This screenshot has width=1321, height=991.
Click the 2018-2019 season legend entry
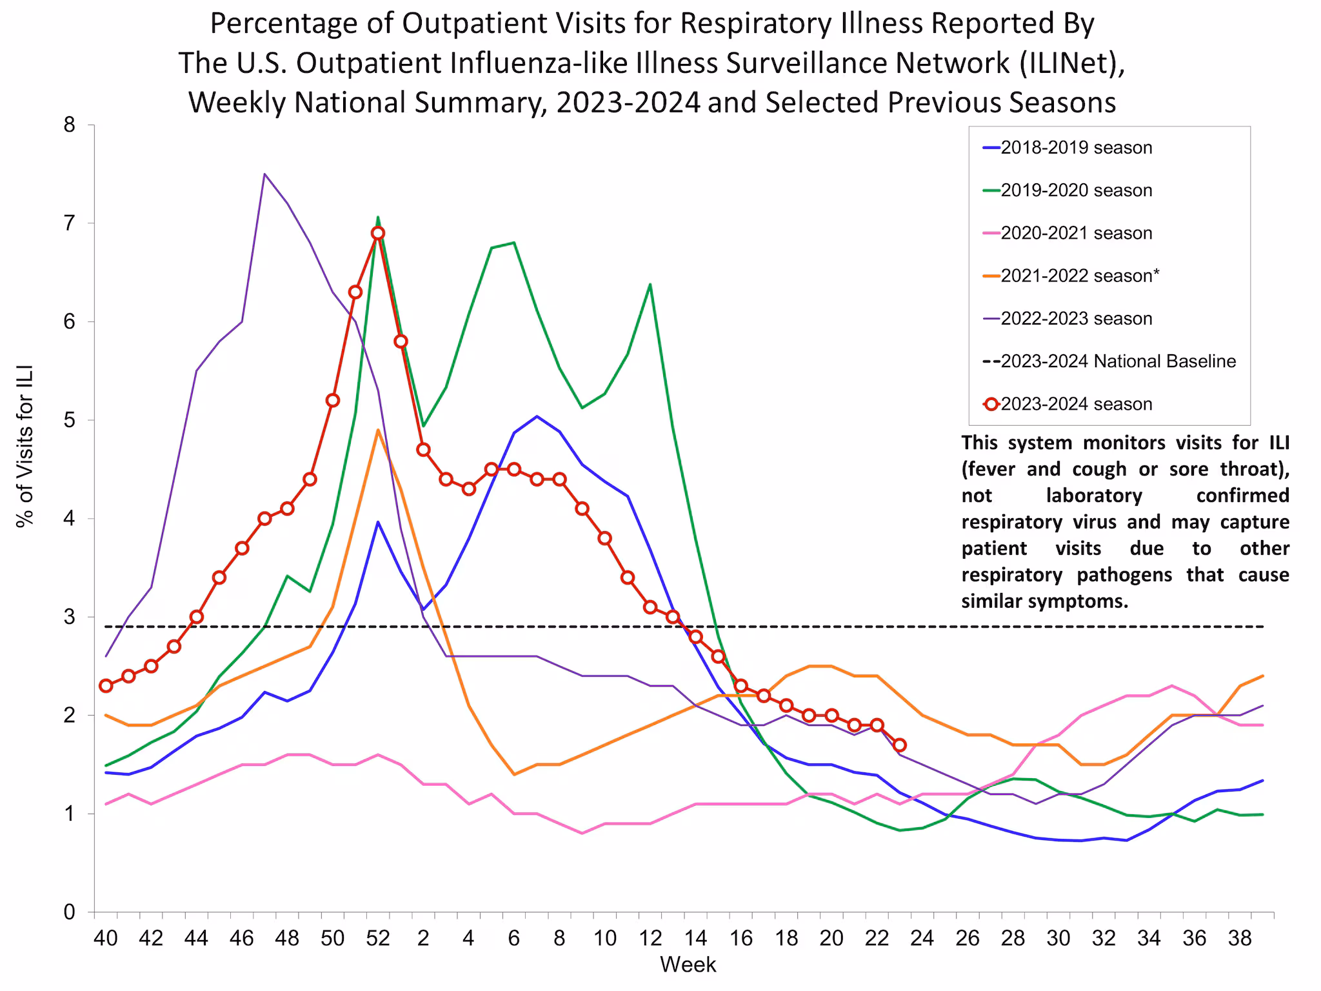click(1076, 148)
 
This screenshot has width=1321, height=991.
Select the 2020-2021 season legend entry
click(1076, 233)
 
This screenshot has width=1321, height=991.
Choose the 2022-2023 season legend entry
click(1076, 319)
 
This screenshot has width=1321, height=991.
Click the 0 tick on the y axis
click(70, 912)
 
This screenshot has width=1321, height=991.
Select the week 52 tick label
click(378, 938)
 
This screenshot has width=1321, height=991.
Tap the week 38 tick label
click(1240, 938)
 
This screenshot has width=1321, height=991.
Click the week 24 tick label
click(922, 938)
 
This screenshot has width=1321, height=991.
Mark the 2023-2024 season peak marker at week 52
click(378, 233)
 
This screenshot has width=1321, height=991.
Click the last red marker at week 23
click(900, 745)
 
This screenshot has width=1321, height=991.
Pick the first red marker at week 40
click(106, 686)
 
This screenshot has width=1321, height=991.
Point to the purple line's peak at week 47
click(264, 174)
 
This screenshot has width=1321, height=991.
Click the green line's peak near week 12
click(650, 284)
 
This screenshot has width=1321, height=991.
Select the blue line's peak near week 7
click(537, 416)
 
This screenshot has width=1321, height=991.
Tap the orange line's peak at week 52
click(378, 430)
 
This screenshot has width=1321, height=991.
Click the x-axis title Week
click(688, 965)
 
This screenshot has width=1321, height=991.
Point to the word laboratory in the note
click(1094, 495)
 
